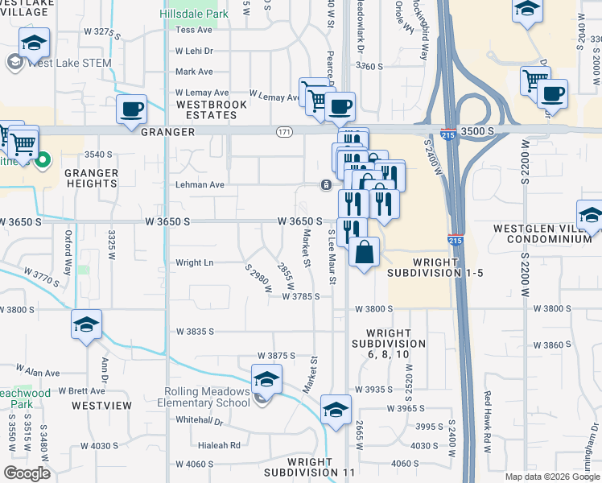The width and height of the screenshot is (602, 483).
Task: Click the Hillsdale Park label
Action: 194,14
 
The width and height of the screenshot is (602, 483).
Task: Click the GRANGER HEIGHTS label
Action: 92,178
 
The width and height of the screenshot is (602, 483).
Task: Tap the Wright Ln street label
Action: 194,262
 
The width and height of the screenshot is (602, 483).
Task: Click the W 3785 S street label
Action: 301,296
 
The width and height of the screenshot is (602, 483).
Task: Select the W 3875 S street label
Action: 276,355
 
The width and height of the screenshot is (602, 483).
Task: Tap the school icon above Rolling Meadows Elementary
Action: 266,378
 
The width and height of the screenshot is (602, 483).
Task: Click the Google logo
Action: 27,473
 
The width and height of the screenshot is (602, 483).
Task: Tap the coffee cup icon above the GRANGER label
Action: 131,109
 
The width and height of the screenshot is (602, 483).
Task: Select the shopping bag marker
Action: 365,252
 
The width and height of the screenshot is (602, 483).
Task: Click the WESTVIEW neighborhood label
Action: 101,406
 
